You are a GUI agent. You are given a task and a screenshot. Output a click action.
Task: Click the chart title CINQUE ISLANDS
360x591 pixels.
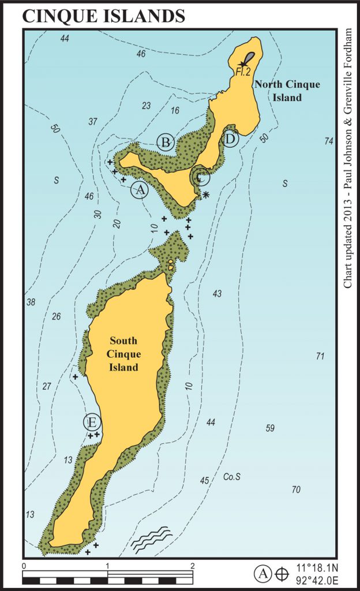104,16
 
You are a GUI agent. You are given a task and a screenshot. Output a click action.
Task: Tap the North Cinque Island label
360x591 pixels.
287,91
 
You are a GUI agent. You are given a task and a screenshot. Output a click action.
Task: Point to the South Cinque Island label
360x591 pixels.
124,353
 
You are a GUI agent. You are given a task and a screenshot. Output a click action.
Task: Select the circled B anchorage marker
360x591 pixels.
166,141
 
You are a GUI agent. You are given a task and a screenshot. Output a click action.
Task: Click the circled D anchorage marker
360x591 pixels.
230,139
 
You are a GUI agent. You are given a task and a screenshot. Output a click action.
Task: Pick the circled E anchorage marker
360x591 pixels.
92,422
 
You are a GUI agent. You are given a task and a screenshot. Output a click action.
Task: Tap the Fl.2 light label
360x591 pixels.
242,72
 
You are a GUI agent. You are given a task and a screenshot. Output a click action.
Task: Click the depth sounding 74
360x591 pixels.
329,141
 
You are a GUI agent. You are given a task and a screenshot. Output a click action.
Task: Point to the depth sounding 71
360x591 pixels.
321,356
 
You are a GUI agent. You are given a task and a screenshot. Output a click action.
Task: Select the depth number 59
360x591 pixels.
269,428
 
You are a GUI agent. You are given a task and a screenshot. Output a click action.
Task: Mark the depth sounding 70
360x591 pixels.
296,489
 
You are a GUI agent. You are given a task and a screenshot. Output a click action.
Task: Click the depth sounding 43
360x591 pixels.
217,294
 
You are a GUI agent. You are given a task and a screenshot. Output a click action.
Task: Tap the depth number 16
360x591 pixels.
175,110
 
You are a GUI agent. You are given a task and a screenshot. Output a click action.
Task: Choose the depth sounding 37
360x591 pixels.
93,121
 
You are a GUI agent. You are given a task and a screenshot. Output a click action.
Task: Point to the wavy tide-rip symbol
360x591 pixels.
151,538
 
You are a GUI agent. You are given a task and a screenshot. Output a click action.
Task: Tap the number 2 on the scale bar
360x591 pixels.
193,566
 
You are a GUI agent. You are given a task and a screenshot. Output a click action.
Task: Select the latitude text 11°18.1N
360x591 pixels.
315,568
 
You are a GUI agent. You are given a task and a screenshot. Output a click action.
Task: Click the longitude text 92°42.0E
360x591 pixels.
315,580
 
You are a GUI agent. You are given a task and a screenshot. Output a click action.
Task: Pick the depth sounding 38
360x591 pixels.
31,302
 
